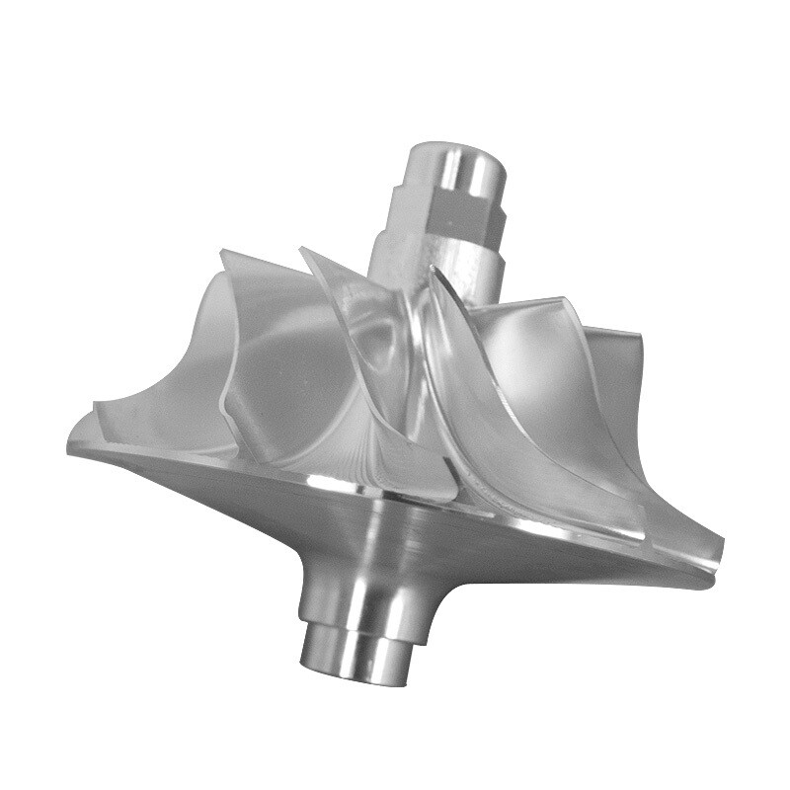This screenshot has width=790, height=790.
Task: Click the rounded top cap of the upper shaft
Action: pyautogui.click(x=456, y=158)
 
